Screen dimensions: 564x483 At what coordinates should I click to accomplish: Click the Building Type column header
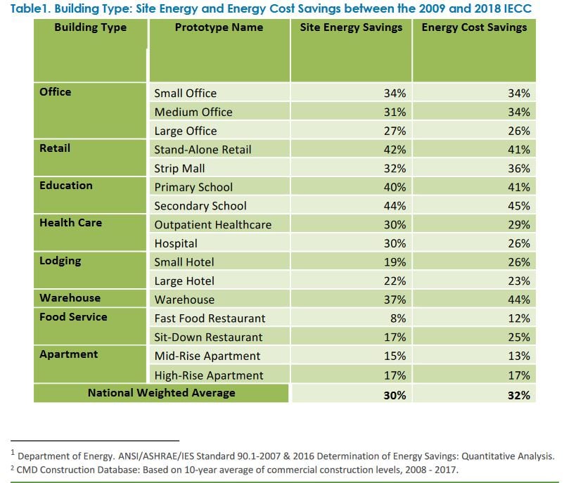coord(90,27)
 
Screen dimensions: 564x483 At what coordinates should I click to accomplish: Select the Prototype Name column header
coord(219,27)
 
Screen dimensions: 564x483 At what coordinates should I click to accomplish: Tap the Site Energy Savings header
coord(351,27)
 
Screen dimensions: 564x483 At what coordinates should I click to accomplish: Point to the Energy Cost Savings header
coord(474,27)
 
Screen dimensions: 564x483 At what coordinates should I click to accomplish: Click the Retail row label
coord(55,148)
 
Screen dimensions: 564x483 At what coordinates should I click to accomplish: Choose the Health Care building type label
coord(70,223)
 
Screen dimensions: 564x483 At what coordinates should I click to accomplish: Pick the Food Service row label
coord(73,317)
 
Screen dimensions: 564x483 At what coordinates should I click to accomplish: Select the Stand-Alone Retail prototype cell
coord(203,150)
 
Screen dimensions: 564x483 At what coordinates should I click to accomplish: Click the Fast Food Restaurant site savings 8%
coord(398,318)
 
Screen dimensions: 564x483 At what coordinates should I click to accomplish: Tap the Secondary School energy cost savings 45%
coord(519,206)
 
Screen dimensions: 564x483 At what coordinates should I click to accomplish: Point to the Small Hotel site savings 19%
coord(395,262)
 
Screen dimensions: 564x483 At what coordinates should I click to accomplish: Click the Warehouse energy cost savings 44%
coord(519,300)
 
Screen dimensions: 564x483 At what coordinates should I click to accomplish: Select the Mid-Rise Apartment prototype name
coord(207,356)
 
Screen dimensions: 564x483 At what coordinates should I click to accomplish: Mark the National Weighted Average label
coord(162,393)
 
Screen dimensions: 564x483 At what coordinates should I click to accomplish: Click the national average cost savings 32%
coord(519,395)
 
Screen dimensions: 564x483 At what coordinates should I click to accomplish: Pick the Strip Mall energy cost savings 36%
coord(519,168)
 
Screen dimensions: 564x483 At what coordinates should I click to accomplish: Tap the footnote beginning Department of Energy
coord(283,456)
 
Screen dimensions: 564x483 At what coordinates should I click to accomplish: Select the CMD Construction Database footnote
coord(234,470)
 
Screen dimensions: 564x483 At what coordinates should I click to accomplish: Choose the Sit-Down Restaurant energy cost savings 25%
coord(519,337)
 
